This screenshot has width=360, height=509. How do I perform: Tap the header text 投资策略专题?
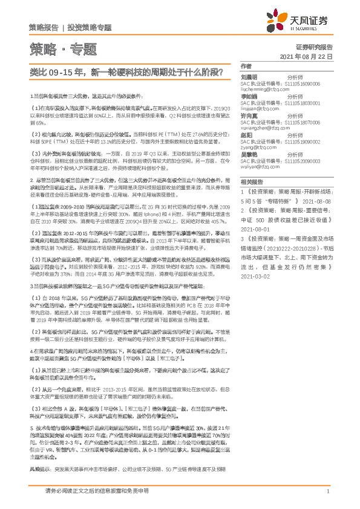point(90,27)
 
